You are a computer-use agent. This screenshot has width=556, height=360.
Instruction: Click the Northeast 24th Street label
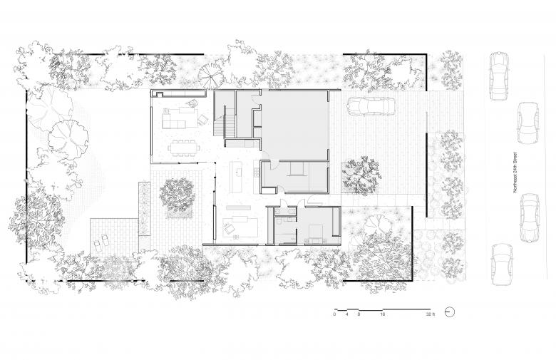click(515, 173)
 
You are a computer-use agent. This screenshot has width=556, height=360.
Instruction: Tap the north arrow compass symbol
click(449, 312)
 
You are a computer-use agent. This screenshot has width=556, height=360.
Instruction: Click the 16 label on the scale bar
click(382, 314)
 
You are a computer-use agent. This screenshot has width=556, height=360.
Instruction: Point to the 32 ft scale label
click(430, 314)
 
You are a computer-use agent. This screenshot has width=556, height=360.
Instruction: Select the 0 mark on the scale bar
click(334, 314)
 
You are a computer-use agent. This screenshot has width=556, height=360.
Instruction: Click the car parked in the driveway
click(371, 106)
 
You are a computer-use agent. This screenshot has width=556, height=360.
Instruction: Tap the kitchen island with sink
click(237, 177)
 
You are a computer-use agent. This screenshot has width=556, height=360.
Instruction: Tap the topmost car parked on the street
click(499, 76)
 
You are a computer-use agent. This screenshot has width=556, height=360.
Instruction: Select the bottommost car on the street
click(502, 264)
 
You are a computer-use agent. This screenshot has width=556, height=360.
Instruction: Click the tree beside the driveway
click(361, 175)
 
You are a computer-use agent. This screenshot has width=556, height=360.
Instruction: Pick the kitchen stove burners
click(256, 171)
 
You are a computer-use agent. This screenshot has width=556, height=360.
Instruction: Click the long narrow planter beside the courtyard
click(145, 209)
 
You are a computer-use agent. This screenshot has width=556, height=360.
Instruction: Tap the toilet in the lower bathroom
click(279, 222)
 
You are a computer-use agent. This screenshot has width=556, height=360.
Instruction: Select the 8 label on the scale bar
click(359, 314)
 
